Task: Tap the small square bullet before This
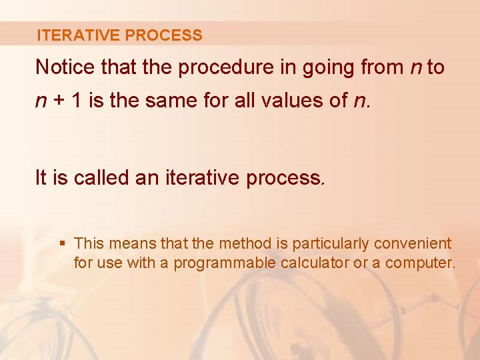pos(63,244)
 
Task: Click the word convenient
pos(413,244)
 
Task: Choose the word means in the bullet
pos(129,244)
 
